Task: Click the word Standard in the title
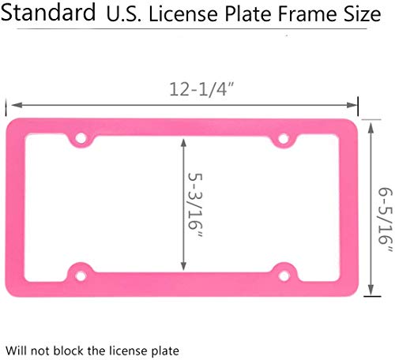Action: point(49,14)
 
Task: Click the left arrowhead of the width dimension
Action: point(12,103)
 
